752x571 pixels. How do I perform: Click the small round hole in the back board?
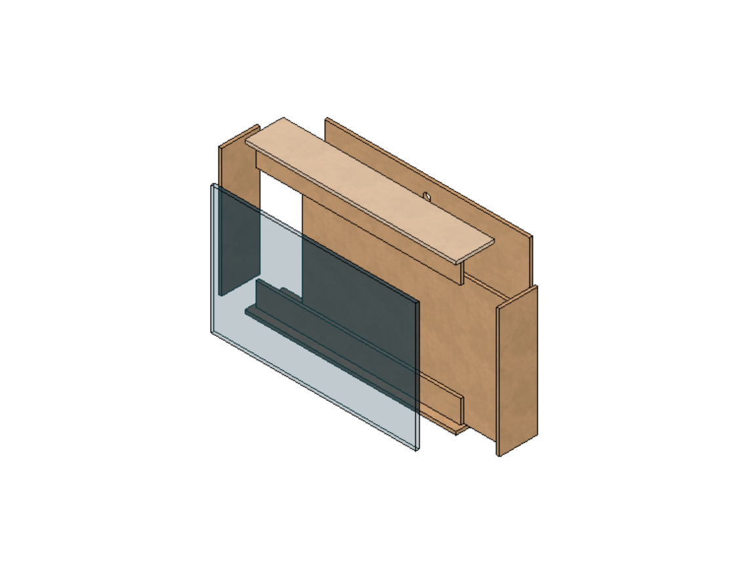coord(427,196)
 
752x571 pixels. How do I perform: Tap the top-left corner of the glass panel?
coord(212,185)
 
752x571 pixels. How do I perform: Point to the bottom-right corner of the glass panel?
coord(417,449)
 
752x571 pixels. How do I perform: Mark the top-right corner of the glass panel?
coord(418,303)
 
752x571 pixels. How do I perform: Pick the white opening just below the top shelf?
coord(281,197)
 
